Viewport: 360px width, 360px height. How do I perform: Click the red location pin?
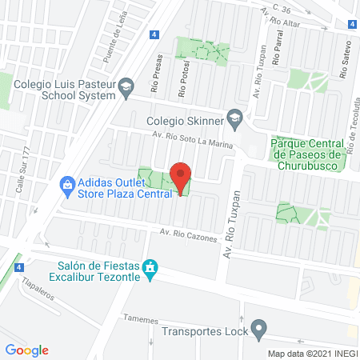click(182, 178)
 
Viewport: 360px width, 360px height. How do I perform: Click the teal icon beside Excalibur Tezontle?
click(149, 266)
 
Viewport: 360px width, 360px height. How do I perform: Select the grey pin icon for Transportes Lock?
click(258, 328)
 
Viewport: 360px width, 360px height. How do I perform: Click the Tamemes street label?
click(141, 318)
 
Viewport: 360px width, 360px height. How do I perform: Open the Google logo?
click(26, 350)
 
